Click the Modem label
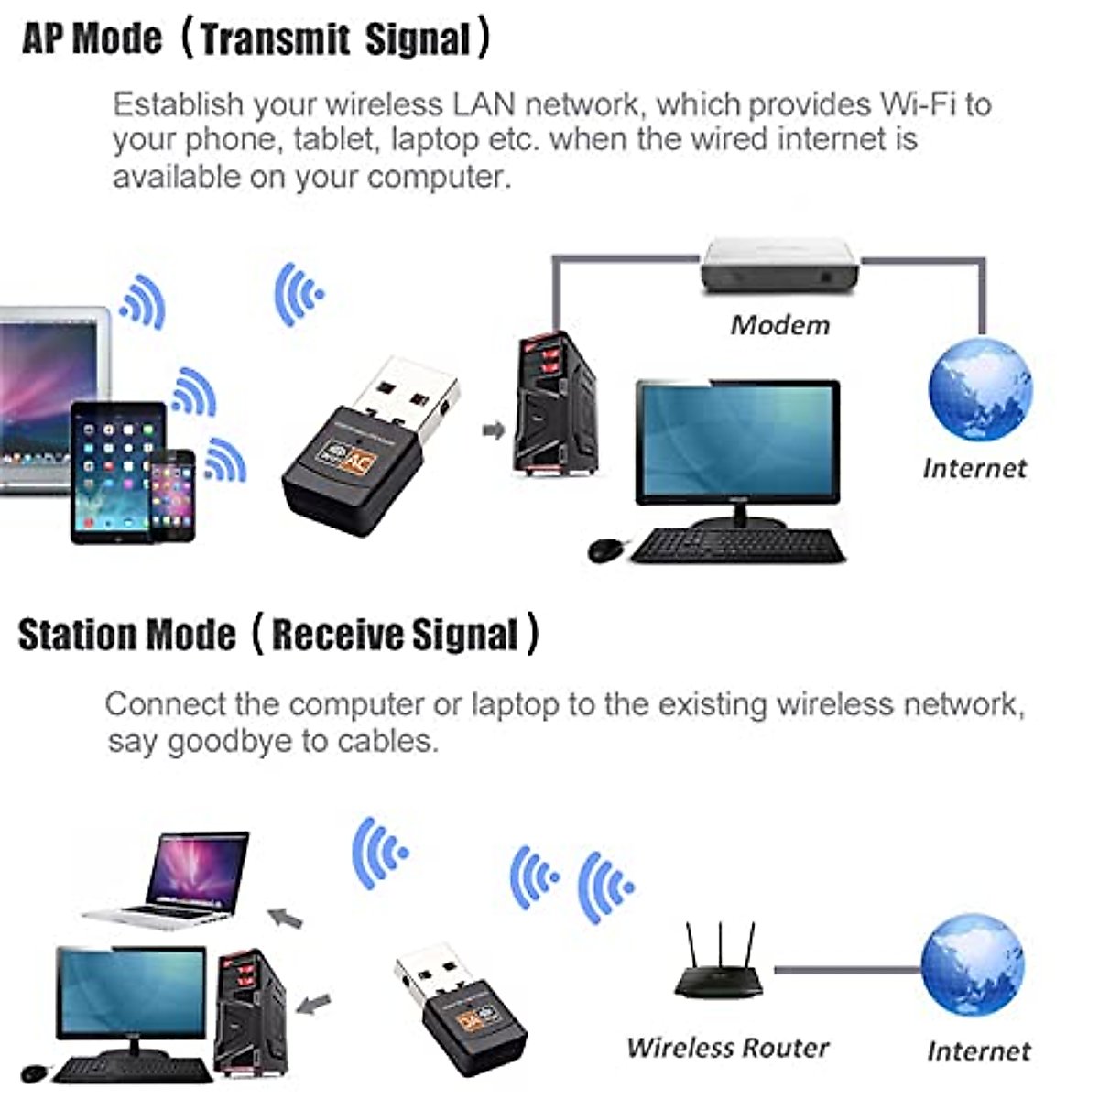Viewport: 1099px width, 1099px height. [779, 325]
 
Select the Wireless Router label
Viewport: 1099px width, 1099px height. [727, 1047]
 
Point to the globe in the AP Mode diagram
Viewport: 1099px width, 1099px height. [979, 389]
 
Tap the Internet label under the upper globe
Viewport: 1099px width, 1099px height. [974, 468]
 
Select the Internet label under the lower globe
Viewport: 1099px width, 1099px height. [977, 1050]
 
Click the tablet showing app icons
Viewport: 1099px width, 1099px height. [117, 472]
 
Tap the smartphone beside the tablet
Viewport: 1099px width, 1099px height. [172, 495]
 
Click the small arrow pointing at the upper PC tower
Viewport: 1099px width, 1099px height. [495, 430]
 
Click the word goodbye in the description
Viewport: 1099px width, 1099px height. [229, 741]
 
